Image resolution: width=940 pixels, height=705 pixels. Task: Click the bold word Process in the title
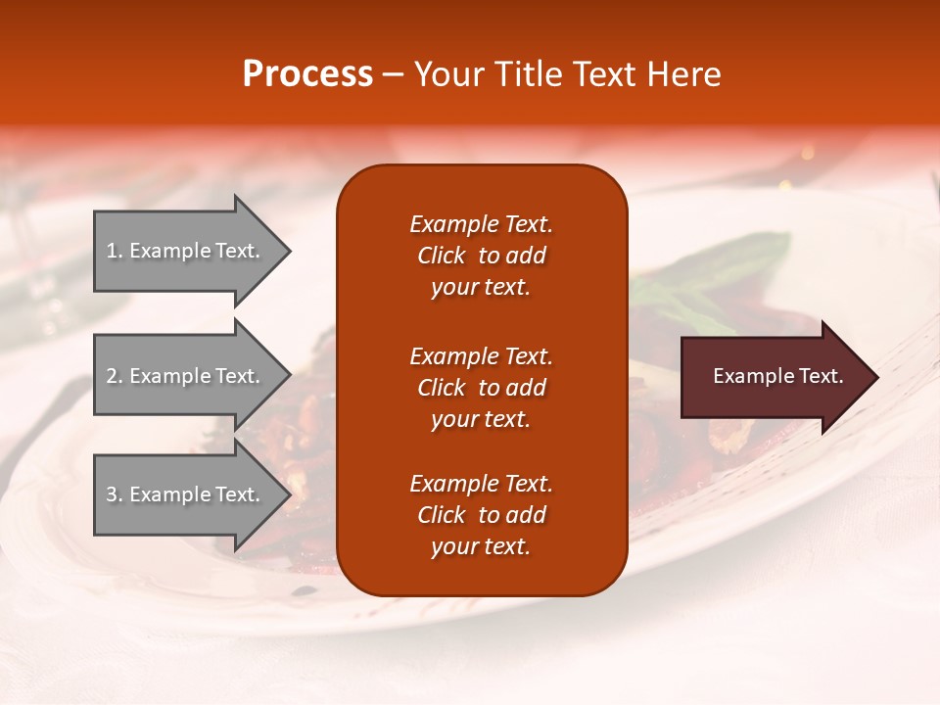(x=307, y=74)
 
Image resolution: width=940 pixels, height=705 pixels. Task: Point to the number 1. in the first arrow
(x=115, y=251)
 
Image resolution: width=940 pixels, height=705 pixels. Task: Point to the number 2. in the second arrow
(x=115, y=376)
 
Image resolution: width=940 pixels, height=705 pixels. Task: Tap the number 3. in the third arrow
(x=115, y=494)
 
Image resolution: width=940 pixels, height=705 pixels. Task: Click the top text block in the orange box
(x=481, y=256)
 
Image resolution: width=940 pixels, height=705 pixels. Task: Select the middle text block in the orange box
(x=481, y=388)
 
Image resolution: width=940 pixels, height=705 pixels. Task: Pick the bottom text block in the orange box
(x=481, y=515)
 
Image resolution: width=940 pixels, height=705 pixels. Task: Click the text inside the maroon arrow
(x=778, y=376)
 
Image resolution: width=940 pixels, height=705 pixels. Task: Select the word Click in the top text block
(x=442, y=256)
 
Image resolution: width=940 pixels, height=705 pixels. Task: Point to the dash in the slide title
(x=393, y=75)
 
